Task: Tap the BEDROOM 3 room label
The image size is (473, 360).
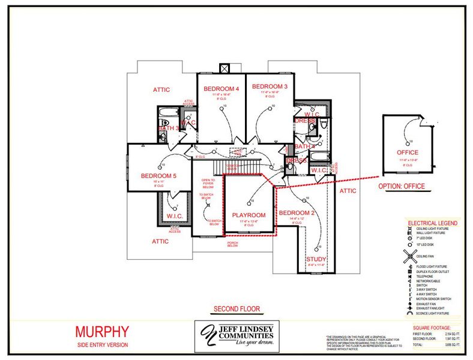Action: tap(270, 87)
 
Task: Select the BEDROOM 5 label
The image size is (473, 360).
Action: tap(158, 176)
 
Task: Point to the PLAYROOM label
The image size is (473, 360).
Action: tap(249, 215)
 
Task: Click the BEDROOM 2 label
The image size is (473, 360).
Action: tap(297, 214)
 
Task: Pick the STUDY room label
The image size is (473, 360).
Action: tap(316, 260)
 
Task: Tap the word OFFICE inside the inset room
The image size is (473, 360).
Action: tap(408, 152)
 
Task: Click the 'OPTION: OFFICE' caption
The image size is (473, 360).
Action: tap(402, 186)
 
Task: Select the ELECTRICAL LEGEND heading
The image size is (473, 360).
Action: tap(432, 223)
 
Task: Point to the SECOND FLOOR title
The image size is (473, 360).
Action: tap(237, 310)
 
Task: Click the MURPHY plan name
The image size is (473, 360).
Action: tap(101, 331)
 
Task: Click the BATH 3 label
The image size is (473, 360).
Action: tap(168, 128)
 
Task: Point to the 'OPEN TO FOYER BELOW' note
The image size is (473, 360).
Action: tap(208, 182)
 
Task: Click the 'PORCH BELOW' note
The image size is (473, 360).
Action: tap(232, 243)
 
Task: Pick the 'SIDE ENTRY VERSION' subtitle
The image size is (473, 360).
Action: tap(102, 345)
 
